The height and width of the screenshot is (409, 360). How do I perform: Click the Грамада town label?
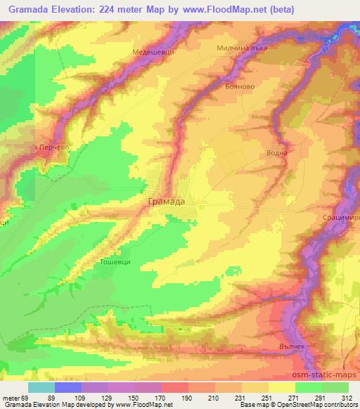click(x=167, y=202)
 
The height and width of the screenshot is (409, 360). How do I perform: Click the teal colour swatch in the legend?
click(x=41, y=387)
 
